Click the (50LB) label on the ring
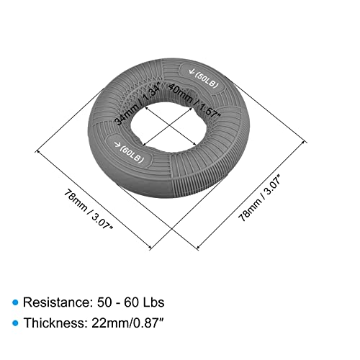point(207,80)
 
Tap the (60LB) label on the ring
point(132,154)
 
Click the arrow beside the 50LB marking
point(192,71)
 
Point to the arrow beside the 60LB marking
point(117,144)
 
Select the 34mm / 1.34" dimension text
point(138,104)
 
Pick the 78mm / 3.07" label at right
point(260,200)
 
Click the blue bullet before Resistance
point(15,302)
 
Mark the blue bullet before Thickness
point(15,323)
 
